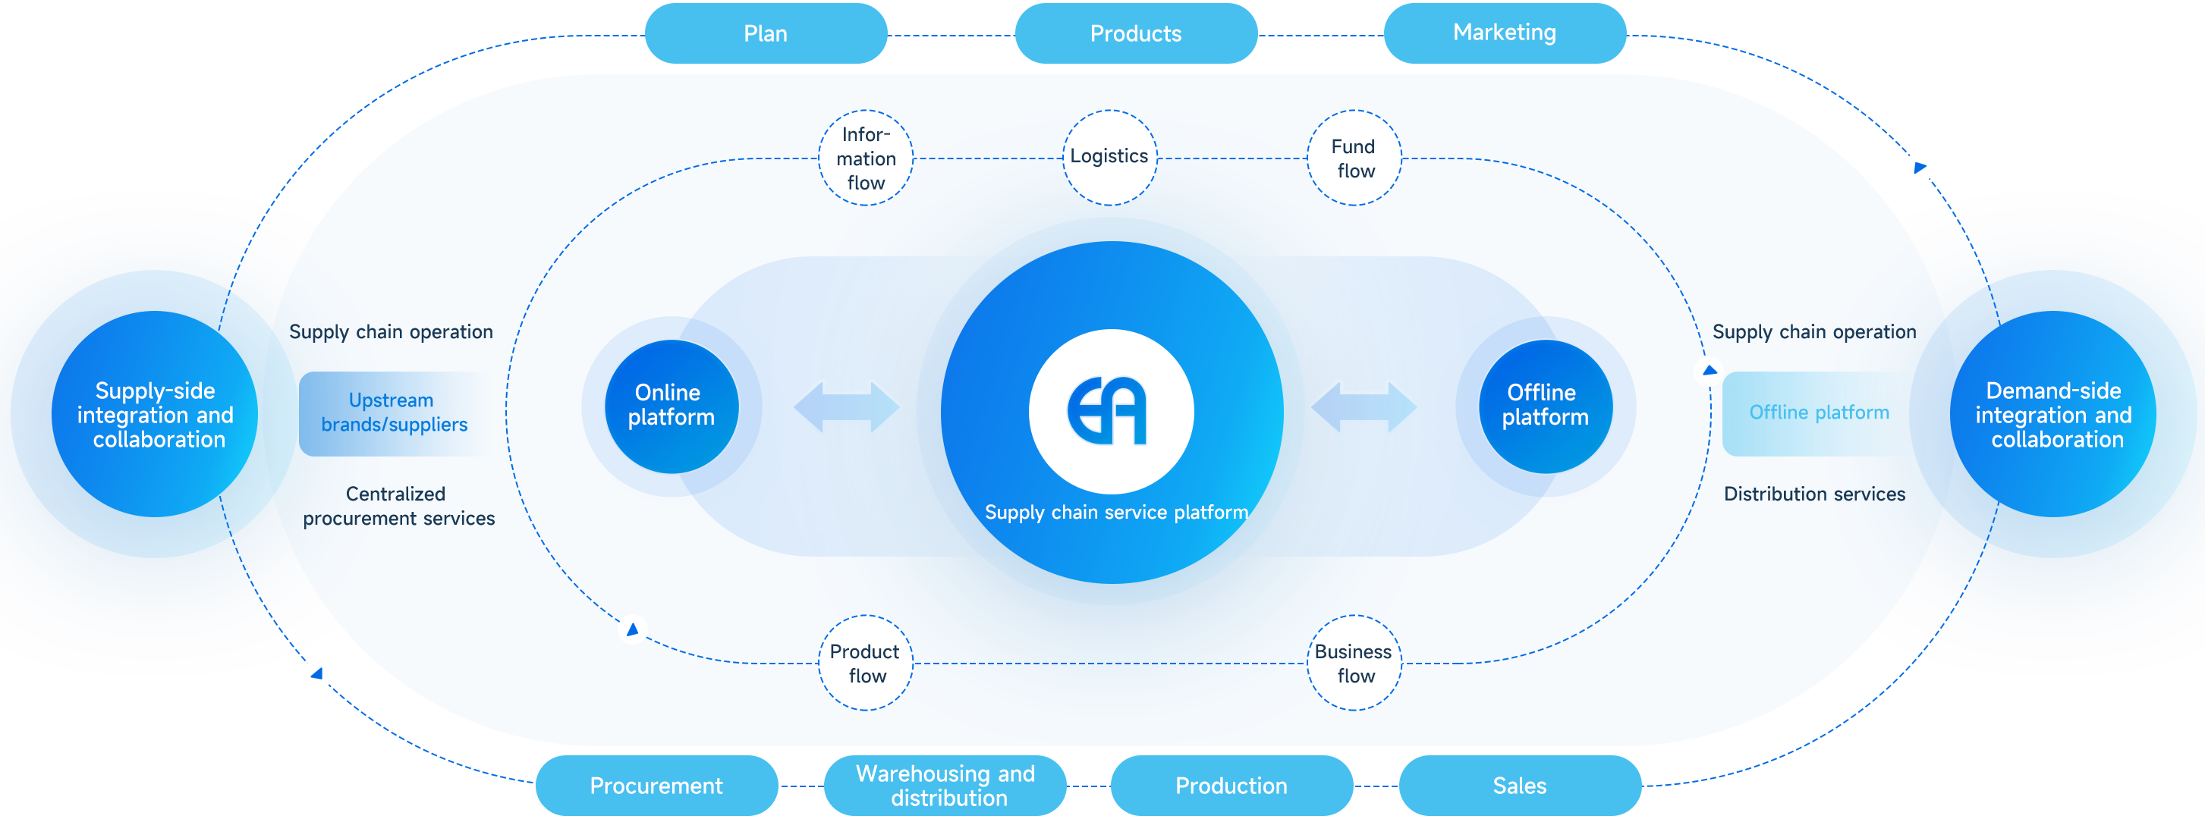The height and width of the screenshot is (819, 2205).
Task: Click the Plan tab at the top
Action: click(x=766, y=33)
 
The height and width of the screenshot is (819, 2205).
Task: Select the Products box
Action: click(x=1135, y=33)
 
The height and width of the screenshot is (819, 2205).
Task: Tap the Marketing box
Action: click(x=1504, y=33)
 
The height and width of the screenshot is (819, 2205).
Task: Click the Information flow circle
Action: click(x=866, y=158)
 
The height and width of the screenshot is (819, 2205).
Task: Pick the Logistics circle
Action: click(x=1109, y=157)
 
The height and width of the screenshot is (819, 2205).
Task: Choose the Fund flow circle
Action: click(x=1354, y=158)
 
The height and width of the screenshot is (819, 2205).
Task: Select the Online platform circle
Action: click(x=671, y=406)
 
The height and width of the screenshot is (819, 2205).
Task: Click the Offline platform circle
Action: click(x=1545, y=406)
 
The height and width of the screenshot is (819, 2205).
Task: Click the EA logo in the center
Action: click(x=1110, y=412)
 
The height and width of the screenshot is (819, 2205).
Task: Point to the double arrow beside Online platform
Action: click(x=847, y=407)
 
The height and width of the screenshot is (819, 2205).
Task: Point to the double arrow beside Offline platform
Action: click(x=1364, y=407)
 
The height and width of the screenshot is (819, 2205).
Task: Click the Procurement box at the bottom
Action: click(x=656, y=785)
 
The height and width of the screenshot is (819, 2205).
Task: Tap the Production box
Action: click(x=1231, y=785)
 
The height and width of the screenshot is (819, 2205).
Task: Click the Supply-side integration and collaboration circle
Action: click(x=155, y=415)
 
